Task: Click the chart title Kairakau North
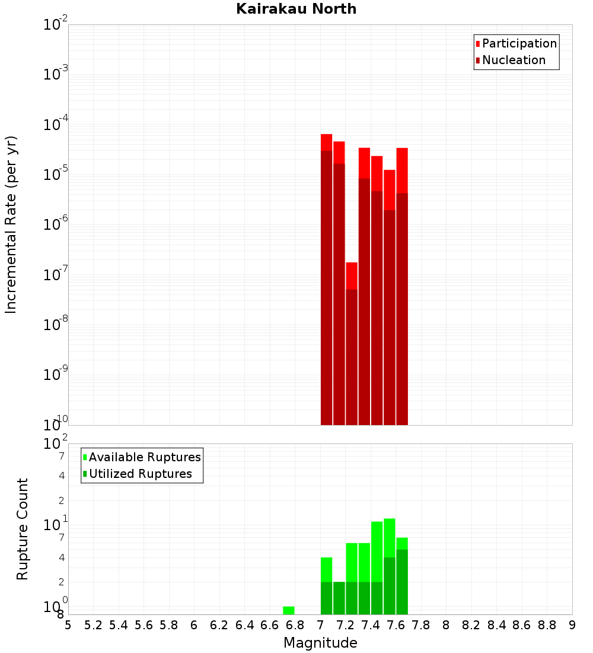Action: pyautogui.click(x=296, y=9)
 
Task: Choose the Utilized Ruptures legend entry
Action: pyautogui.click(x=140, y=474)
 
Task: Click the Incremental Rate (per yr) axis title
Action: pyautogui.click(x=11, y=224)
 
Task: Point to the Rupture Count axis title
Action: pyautogui.click(x=23, y=529)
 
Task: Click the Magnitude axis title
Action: pyautogui.click(x=320, y=643)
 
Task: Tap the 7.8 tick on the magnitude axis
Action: pyautogui.click(x=421, y=625)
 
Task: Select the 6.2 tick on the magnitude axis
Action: pyautogui.click(x=219, y=625)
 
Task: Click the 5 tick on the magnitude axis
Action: pyautogui.click(x=68, y=625)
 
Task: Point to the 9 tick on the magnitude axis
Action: pyautogui.click(x=572, y=625)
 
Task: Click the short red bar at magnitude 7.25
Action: pyautogui.click(x=352, y=344)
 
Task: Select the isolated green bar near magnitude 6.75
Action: pyautogui.click(x=289, y=610)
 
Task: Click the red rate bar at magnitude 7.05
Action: pyautogui.click(x=327, y=279)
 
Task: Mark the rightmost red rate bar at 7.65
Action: pyautogui.click(x=402, y=285)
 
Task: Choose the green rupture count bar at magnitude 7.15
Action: pyautogui.click(x=339, y=598)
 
